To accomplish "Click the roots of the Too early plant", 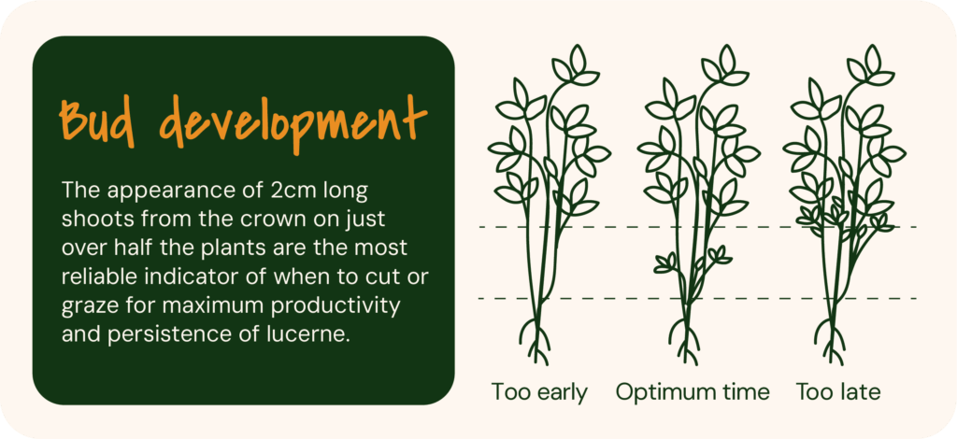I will coord(537,340).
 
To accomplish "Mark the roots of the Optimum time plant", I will coord(687,340).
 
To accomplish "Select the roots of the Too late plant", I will coord(832,340).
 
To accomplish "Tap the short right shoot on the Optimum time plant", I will coord(719,254).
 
